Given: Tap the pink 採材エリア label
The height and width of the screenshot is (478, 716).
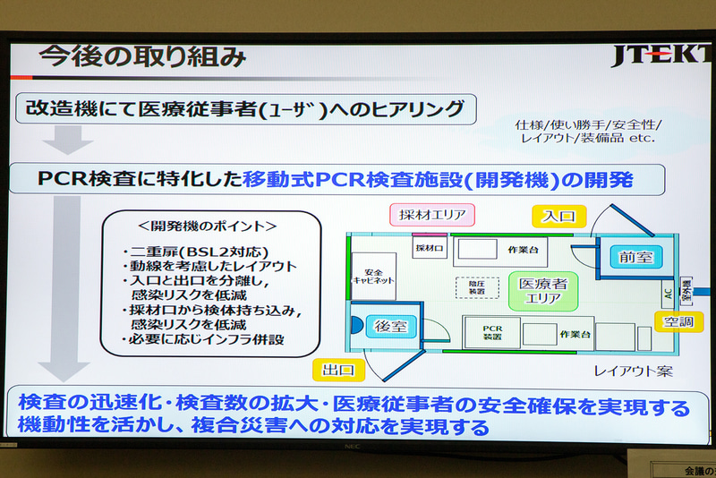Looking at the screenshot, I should [431, 215].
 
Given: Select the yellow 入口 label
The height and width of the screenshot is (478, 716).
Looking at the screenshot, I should [558, 215].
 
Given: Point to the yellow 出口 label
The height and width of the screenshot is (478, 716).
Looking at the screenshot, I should [338, 369].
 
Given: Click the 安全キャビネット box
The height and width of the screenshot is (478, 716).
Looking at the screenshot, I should [373, 276].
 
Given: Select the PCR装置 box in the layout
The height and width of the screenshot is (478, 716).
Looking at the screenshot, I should [491, 334].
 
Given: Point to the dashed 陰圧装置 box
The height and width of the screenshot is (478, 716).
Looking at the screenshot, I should [476, 287].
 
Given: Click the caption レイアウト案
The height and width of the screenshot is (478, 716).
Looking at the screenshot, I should [633, 370].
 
